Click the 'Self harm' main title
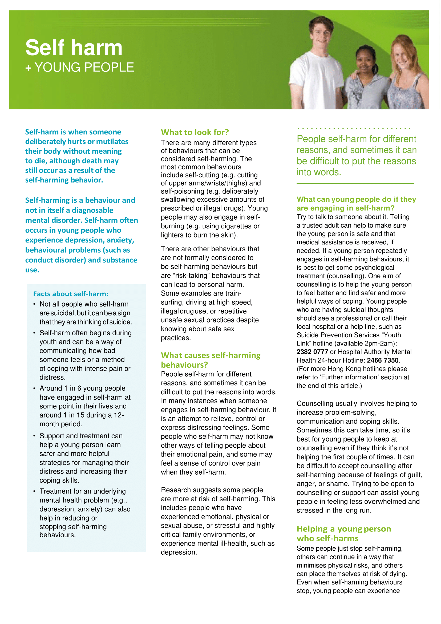pos(74,48)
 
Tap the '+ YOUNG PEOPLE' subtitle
pos(80,67)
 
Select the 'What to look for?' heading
pos(195,132)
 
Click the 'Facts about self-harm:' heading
pos(71,294)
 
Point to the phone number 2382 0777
pos(312,352)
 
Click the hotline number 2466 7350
pos(383,360)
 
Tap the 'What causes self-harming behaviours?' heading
pos(211,360)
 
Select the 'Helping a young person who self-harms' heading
pos(343,534)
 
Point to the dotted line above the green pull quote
pos(354,128)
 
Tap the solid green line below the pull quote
pos(355,183)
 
